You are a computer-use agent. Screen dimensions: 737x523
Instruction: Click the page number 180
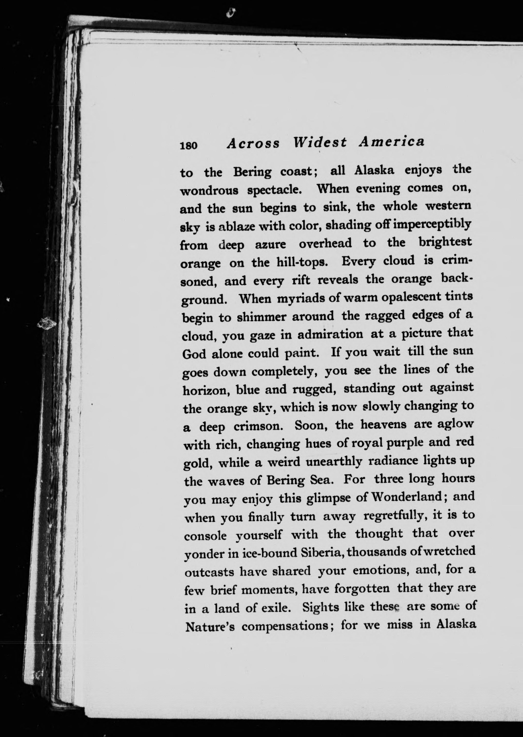(189, 145)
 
